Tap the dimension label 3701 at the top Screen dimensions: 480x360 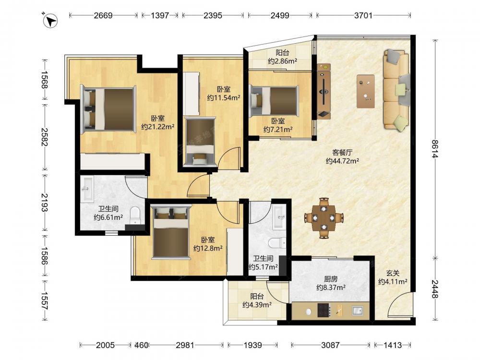(x=363, y=15)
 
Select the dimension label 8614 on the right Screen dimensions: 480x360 (x=435, y=149)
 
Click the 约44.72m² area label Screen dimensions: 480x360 (x=342, y=161)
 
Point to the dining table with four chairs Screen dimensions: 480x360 (x=324, y=217)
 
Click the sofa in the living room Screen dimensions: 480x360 (x=396, y=90)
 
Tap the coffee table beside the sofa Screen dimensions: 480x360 (x=365, y=91)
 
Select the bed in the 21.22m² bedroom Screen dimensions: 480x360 (x=108, y=109)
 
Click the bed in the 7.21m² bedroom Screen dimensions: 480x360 (x=274, y=101)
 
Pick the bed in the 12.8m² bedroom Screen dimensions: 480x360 (x=171, y=232)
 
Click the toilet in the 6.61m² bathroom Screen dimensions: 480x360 (x=135, y=215)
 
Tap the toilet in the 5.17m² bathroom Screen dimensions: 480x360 (x=277, y=243)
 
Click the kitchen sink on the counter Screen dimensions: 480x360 (x=357, y=311)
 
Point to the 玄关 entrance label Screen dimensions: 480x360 (x=393, y=273)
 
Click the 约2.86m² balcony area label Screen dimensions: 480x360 (x=283, y=61)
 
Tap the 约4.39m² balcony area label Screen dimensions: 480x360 (x=257, y=305)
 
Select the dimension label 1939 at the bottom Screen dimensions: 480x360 (x=252, y=345)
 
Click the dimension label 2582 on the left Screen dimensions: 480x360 (x=44, y=137)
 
